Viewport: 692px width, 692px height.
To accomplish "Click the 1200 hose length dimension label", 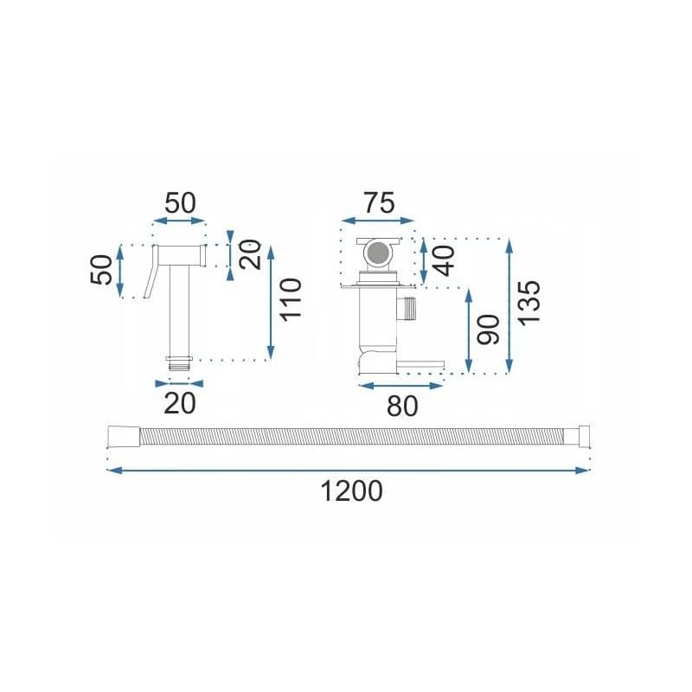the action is [x=351, y=491].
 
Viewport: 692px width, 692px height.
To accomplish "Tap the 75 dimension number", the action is [x=379, y=203].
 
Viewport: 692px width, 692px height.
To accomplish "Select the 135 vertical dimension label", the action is [x=529, y=304].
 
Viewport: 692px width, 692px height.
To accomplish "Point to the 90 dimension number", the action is [x=489, y=330].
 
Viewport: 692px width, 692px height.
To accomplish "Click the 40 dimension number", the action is [x=444, y=261].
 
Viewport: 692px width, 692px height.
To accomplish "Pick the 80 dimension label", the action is [x=402, y=407].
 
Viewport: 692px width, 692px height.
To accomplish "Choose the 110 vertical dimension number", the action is [x=291, y=299].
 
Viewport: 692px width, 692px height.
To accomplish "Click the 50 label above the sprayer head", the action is [x=180, y=203].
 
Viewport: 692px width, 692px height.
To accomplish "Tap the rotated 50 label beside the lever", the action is [x=101, y=270].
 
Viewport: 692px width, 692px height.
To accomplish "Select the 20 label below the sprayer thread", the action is [x=180, y=403].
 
